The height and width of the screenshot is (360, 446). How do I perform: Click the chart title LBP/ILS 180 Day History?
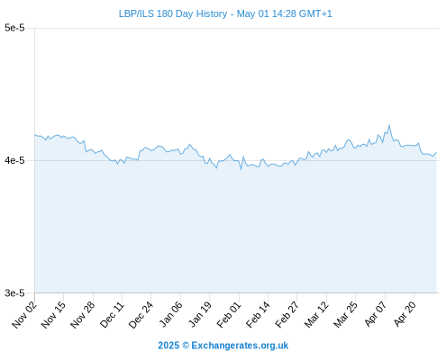pyautogui.click(x=173, y=13)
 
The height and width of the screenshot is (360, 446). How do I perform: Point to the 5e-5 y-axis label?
pyautogui.click(x=14, y=28)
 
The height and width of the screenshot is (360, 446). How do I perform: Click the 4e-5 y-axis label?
pyautogui.click(x=14, y=160)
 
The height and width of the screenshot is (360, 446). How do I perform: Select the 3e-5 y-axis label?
pyautogui.click(x=14, y=292)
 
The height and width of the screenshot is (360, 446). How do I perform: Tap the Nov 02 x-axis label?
pyautogui.click(x=24, y=315)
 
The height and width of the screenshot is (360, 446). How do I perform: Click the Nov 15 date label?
pyautogui.click(x=53, y=315)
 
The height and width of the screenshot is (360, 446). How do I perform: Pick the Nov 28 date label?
pyautogui.click(x=83, y=315)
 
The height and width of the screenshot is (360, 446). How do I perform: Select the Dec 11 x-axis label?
pyautogui.click(x=112, y=315)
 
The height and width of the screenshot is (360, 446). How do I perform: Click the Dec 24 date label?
pyautogui.click(x=141, y=315)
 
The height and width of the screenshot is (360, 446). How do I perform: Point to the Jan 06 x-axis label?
pyautogui.click(x=170, y=314)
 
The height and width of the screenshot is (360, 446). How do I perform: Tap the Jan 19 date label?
pyautogui.click(x=200, y=314)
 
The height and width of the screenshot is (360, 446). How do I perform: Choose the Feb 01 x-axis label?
pyautogui.click(x=229, y=315)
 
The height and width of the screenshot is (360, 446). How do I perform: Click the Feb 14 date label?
pyautogui.click(x=258, y=315)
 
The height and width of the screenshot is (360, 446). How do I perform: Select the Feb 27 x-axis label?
pyautogui.click(x=287, y=315)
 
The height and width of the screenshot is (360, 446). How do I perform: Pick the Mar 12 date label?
pyautogui.click(x=316, y=315)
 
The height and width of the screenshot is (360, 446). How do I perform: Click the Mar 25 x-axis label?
pyautogui.click(x=346, y=315)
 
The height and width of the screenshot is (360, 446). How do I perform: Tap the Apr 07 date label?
pyautogui.click(x=376, y=314)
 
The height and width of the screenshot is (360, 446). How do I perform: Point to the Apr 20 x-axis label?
pyautogui.click(x=405, y=314)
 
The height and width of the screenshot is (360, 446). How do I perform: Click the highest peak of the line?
pyautogui.click(x=389, y=125)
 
